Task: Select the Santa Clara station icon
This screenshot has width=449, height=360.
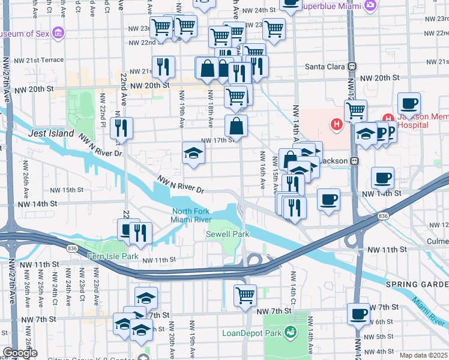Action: tap(353, 66)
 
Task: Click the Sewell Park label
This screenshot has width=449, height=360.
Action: tap(227, 233)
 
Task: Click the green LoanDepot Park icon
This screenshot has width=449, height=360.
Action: tap(291, 331)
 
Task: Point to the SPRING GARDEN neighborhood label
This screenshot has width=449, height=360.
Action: tap(418, 284)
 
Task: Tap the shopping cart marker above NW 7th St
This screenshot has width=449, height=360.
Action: tap(245, 295)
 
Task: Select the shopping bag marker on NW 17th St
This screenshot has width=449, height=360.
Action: tap(237, 126)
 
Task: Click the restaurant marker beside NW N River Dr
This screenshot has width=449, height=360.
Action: tap(122, 128)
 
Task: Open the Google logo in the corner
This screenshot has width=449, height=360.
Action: tap(19, 353)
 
